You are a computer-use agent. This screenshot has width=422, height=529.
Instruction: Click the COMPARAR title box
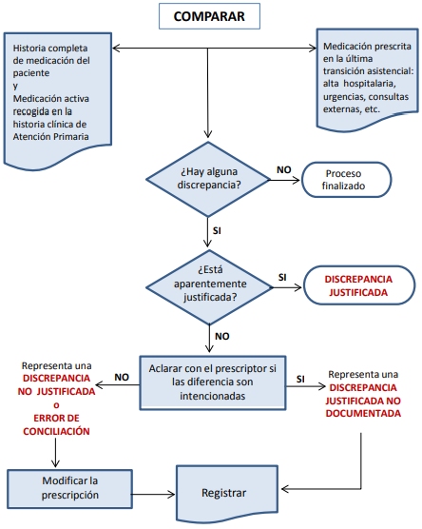pos(209,16)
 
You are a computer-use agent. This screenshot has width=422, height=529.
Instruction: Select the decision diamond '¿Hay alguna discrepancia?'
pos(208,179)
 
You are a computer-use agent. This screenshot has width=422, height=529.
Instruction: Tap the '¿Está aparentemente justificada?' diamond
pos(209,287)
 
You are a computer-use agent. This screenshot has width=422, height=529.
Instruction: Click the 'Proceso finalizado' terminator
pos(346,180)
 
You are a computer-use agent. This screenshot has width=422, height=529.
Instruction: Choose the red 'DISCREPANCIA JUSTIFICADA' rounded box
pos(359,285)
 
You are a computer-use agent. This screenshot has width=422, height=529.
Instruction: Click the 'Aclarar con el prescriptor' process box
pos(213,382)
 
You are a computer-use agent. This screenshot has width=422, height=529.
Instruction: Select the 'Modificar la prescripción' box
pos(69,488)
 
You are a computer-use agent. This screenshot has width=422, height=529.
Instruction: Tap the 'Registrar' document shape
pos(227,493)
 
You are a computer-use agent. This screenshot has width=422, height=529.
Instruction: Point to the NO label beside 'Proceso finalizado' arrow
pos(284,169)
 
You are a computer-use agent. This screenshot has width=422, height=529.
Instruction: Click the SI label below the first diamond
pos(217,231)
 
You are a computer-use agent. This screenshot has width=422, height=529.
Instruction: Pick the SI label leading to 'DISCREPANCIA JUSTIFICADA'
pos(282,277)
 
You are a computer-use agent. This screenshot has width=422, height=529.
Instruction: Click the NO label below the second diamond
pos(222,337)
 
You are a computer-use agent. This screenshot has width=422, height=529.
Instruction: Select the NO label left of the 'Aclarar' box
pos(122,377)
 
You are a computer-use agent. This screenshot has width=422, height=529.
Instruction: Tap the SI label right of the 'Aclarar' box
pos(300,380)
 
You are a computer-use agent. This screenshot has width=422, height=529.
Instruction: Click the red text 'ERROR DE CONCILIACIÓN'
pos(56,424)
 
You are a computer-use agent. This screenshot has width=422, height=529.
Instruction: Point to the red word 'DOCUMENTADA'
pos(363,414)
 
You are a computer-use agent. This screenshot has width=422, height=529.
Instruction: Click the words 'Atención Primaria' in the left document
pos(51,137)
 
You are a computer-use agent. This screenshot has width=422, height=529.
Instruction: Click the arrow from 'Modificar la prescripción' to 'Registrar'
pos(153,495)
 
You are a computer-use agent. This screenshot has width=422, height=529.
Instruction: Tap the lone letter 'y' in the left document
pos(15,86)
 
